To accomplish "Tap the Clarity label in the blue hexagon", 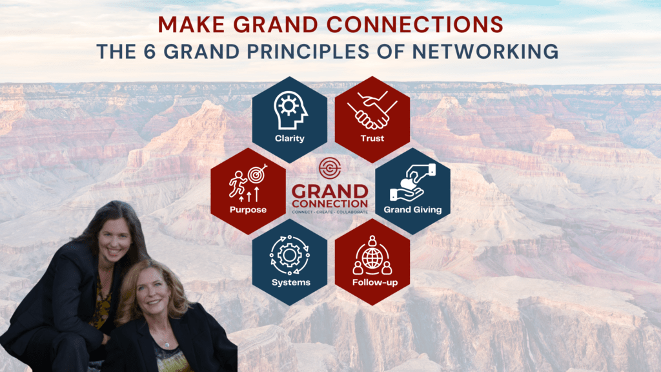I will [289, 138].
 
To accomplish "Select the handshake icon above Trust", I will [372, 109].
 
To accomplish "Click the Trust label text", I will [372, 138].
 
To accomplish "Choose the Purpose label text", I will [248, 209].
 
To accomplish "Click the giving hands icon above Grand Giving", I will [413, 182].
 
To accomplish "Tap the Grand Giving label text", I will [413, 209].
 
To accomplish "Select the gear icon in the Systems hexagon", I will [289, 253].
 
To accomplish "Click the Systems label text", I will [289, 282].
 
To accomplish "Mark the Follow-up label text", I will [372, 282].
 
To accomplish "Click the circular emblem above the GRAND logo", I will [330, 168].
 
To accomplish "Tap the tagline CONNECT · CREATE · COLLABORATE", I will [330, 211].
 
